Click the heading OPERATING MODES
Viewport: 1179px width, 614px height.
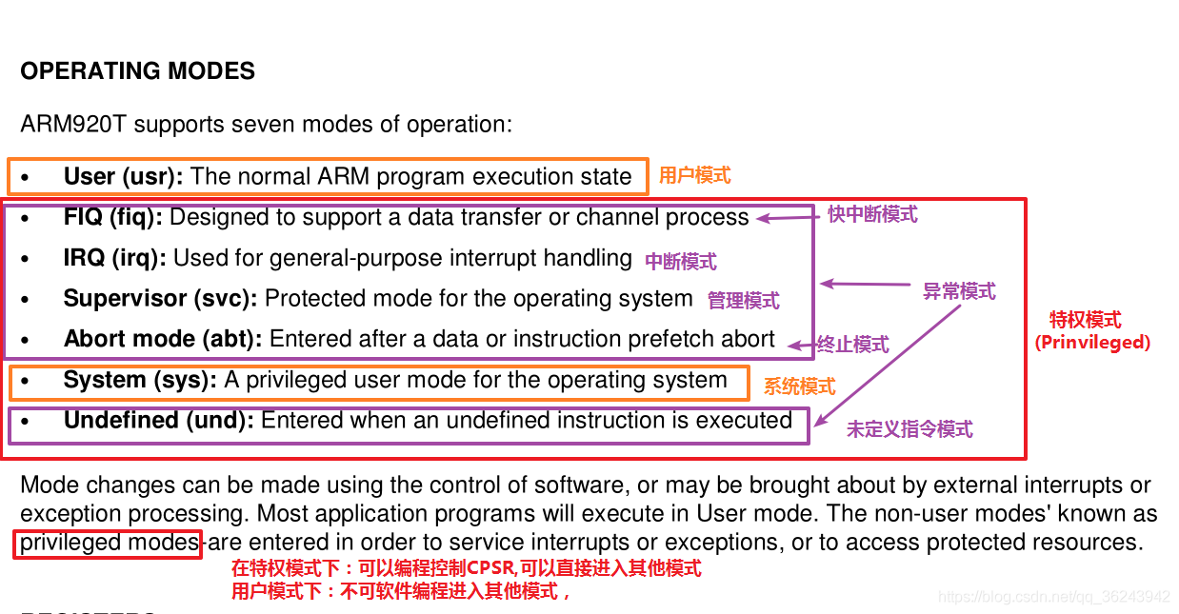[x=137, y=71]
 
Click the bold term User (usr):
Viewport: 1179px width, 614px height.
[x=123, y=177]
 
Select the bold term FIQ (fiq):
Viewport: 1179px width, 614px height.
[x=112, y=217]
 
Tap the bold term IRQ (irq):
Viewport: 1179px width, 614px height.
[x=114, y=258]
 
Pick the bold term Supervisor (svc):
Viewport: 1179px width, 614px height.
[x=160, y=299]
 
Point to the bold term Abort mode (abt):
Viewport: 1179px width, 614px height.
[x=163, y=339]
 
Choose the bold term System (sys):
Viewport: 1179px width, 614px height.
[x=140, y=380]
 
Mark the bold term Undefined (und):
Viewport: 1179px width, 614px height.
[x=159, y=421]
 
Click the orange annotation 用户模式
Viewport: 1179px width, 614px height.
[x=695, y=175]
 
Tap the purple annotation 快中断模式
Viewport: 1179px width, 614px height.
[x=872, y=215]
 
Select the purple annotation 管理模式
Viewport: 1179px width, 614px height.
[x=744, y=301]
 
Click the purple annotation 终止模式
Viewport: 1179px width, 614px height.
[x=853, y=345]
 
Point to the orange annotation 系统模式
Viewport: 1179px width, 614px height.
[x=800, y=386]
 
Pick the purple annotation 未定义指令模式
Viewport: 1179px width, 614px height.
[x=910, y=429]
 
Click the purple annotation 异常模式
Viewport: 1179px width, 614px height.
[x=960, y=291]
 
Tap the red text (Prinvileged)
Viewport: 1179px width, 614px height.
[x=1092, y=343]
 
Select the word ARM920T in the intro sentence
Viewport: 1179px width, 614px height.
[x=73, y=125]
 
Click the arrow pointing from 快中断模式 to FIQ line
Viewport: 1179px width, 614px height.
[x=788, y=218]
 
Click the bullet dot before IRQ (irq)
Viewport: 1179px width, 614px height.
[x=25, y=259]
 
